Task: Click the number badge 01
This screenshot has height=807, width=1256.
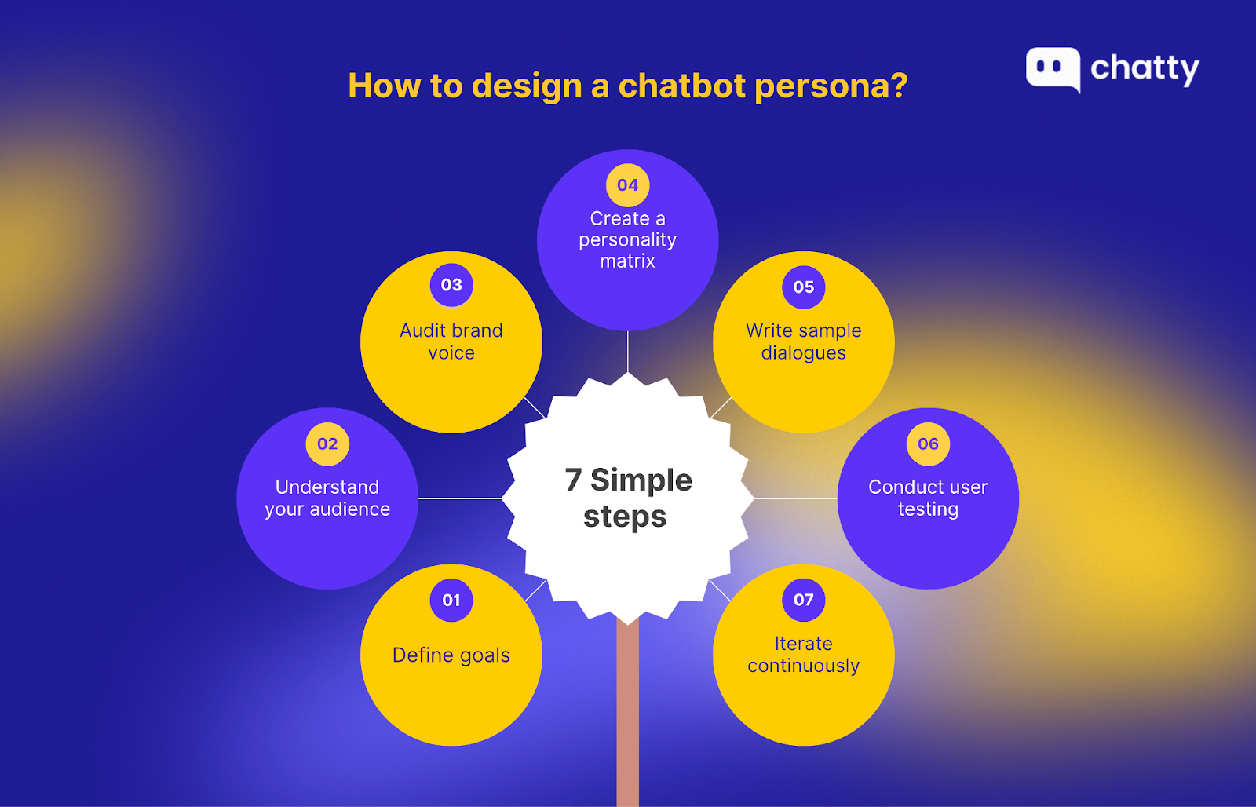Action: [x=451, y=600]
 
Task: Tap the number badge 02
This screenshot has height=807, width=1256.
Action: [x=327, y=444]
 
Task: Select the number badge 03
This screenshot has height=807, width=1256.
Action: [x=451, y=285]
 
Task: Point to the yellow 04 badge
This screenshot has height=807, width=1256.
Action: [x=627, y=185]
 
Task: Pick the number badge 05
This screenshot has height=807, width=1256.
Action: [x=804, y=287]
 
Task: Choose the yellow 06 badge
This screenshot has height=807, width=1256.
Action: [x=928, y=444]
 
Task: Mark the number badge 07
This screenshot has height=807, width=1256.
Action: [x=804, y=600]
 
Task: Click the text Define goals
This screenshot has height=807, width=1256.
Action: [x=451, y=655]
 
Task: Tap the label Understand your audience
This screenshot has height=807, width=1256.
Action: [x=327, y=498]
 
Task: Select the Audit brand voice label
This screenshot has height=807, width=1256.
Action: [x=451, y=341]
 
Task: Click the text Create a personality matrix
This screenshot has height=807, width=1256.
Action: [x=627, y=239]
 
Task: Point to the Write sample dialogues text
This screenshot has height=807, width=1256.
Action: [x=804, y=341]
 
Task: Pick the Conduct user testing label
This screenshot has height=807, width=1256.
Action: [x=928, y=498]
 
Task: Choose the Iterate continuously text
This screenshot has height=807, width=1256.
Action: [x=804, y=655]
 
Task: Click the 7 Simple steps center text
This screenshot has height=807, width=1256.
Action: [x=627, y=498]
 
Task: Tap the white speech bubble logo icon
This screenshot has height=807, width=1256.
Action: [x=1053, y=69]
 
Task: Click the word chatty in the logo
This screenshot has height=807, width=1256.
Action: [x=1145, y=69]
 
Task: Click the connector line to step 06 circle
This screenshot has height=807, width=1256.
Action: [x=796, y=498]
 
